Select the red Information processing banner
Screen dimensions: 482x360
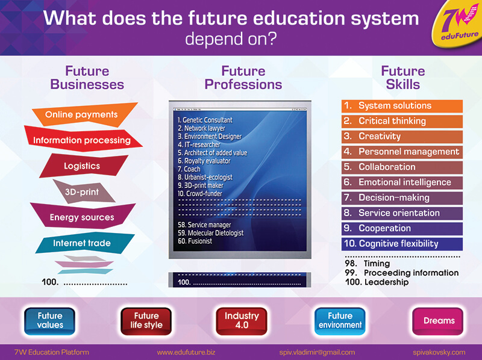click(x=83, y=140)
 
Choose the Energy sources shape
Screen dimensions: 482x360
click(x=83, y=217)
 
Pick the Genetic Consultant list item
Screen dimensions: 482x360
click(x=205, y=120)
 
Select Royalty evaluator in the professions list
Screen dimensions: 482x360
click(x=204, y=161)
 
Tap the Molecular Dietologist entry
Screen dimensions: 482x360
click(x=210, y=233)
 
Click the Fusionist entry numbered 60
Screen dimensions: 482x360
click(x=195, y=241)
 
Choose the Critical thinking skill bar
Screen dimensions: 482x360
click(x=402, y=121)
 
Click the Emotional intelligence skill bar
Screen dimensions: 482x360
click(x=402, y=182)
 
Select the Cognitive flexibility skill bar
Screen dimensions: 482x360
click(x=402, y=244)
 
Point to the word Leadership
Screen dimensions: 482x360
click(x=386, y=282)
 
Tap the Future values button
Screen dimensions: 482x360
click(x=50, y=321)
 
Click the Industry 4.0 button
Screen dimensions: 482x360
click(x=242, y=321)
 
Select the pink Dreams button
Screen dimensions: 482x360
click(x=438, y=321)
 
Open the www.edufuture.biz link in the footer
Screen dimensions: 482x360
click(x=186, y=352)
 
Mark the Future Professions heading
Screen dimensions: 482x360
click(x=243, y=78)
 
